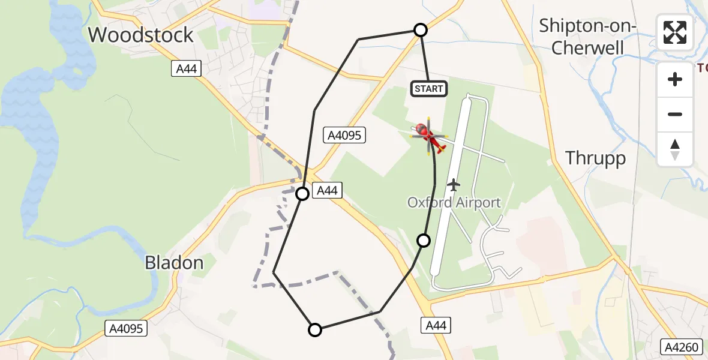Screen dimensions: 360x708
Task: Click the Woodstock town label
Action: click(141, 35)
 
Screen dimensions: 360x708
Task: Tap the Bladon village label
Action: click(174, 262)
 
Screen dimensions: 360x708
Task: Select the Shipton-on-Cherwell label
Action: click(587, 37)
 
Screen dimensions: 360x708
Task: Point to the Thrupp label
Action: click(595, 158)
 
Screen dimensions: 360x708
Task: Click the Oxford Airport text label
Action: click(454, 202)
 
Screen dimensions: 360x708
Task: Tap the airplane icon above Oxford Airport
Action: click(454, 185)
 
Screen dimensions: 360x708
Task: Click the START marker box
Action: click(429, 89)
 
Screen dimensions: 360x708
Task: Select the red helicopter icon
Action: click(429, 136)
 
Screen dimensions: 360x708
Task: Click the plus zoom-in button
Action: click(675, 79)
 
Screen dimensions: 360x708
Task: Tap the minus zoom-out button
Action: click(675, 114)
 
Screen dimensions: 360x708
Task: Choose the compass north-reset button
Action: click(675, 149)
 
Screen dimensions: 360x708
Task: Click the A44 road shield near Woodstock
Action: click(186, 69)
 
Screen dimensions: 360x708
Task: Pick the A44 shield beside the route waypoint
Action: click(326, 191)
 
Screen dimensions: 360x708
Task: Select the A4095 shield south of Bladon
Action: click(126, 328)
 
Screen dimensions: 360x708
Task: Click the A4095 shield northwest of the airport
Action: click(344, 135)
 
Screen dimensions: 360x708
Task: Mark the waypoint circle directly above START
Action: click(421, 30)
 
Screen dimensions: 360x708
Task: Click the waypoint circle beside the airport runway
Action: click(424, 241)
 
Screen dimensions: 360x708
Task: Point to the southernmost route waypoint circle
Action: click(314, 329)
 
